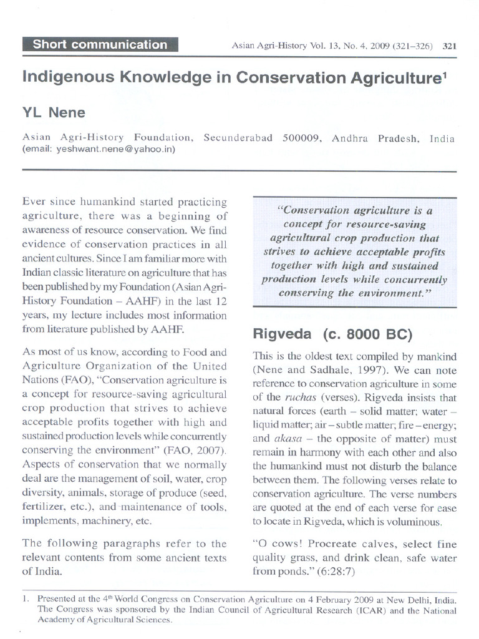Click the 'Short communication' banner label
[100, 45]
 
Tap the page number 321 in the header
[450, 46]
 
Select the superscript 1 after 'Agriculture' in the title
[445, 74]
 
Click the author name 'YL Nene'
[54, 113]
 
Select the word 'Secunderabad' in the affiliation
[238, 138]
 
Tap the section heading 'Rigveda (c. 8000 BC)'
[332, 334]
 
